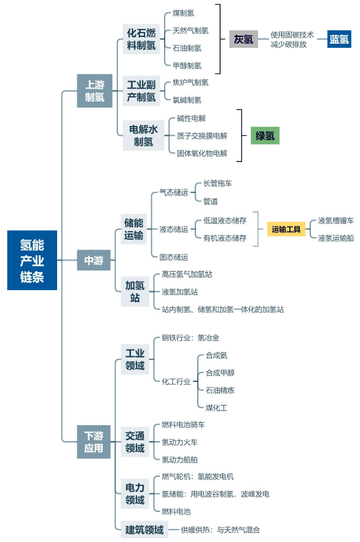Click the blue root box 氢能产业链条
pos(32,261)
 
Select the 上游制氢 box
pos(95,90)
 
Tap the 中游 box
pos(93,260)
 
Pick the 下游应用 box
pos(93,442)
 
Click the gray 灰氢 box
pos(243,39)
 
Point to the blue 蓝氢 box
pos(339,39)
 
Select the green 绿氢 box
pos(265,135)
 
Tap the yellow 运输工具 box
pos(286,229)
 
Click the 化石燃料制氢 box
pos(141,39)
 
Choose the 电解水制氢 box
pos(143,135)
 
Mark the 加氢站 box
pos(135,291)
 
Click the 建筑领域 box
pos(144,530)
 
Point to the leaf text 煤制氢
pos(184,13)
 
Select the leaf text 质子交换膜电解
pos(202,136)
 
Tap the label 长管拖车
pos(217,183)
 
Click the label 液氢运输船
pos(336,238)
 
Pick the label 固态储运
pos(174,257)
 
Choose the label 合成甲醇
pos(220,373)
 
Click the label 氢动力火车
pos(179,442)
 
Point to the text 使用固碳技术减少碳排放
pos(292,39)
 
